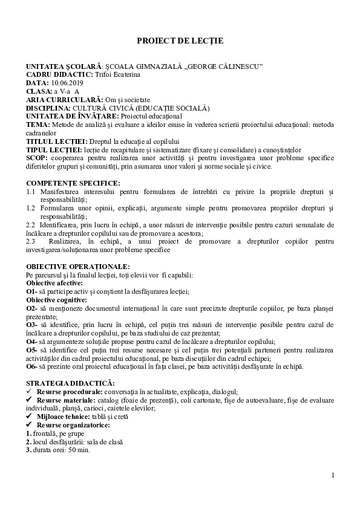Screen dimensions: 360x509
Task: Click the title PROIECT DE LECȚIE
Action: point(180,41)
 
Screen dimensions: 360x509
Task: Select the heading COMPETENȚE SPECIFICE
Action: point(73,183)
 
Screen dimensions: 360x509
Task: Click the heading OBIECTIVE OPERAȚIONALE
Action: point(77,267)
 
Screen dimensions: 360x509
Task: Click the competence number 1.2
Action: point(30,207)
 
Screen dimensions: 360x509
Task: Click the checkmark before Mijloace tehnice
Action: point(30,417)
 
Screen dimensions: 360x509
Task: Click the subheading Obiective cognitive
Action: point(57,299)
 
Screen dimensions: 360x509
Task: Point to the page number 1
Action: point(333,475)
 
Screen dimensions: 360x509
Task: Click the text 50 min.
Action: point(80,450)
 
